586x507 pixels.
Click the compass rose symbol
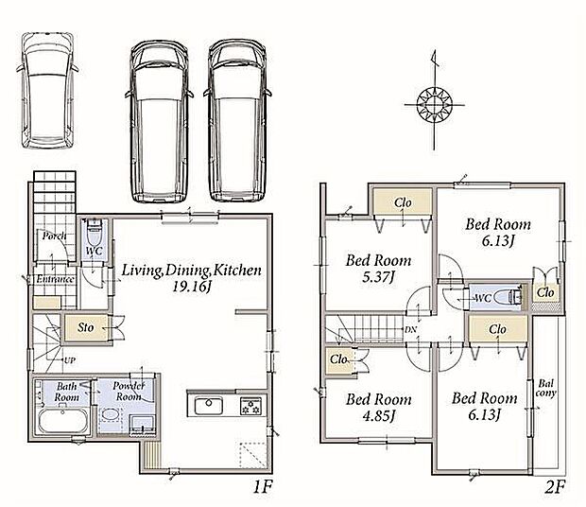click(434, 104)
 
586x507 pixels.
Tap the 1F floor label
click(263, 487)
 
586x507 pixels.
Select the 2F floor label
click(555, 487)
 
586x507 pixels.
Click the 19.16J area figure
click(192, 287)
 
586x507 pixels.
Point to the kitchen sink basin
click(209, 405)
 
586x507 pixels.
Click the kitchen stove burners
click(250, 406)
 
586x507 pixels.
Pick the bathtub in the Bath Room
click(63, 421)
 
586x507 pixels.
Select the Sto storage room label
click(86, 327)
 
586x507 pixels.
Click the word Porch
click(54, 236)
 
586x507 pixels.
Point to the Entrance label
click(55, 279)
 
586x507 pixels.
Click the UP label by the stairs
click(70, 360)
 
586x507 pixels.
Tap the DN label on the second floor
click(411, 330)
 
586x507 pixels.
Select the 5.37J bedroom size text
click(378, 277)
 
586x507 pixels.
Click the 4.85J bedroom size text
click(379, 415)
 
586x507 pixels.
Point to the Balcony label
click(546, 388)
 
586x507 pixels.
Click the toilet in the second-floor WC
click(508, 297)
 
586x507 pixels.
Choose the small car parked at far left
click(47, 91)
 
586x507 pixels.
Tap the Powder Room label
click(129, 391)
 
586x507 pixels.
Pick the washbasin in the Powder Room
click(110, 414)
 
